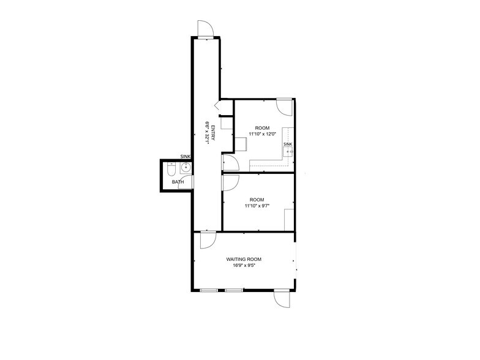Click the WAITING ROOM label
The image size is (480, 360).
(x=244, y=260)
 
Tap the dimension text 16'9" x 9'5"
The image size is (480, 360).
(x=244, y=266)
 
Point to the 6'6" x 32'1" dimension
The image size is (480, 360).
(x=207, y=133)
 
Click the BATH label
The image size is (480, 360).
(x=178, y=182)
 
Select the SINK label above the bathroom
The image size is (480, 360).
(x=186, y=157)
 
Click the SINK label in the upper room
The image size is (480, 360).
(x=288, y=144)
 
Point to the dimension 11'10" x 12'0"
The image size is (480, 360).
(x=262, y=133)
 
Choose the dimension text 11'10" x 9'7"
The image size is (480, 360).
(x=258, y=206)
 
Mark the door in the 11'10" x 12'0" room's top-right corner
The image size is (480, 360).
(x=284, y=106)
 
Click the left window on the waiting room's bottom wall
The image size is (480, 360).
(x=209, y=290)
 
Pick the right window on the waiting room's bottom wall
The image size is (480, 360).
(x=233, y=290)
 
